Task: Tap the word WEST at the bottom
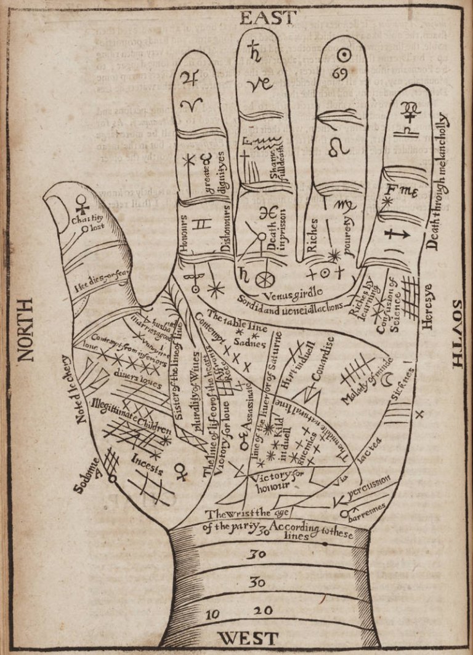pos(248,638)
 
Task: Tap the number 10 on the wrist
pos(212,614)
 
